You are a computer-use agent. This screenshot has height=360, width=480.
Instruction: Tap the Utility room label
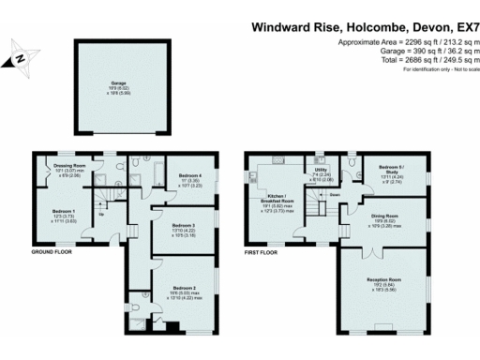(321, 174)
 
